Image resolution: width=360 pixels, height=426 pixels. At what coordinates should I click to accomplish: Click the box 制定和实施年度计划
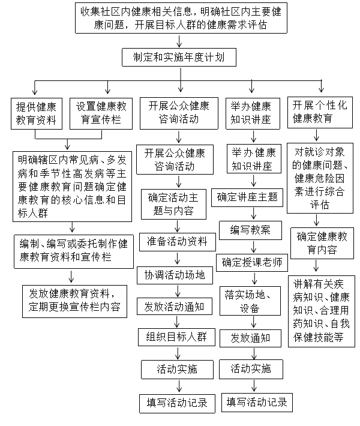180,58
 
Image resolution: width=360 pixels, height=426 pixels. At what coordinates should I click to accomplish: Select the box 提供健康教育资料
37,112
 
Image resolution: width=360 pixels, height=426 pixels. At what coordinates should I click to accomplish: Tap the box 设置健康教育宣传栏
101,112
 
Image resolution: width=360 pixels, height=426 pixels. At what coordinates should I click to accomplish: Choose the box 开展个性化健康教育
320,112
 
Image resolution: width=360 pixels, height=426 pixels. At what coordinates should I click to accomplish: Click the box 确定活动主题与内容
175,204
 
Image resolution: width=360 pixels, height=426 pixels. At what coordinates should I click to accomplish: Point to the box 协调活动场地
175,275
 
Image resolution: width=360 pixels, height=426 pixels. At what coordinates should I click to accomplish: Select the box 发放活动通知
175,307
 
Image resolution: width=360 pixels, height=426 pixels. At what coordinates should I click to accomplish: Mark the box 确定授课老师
251,262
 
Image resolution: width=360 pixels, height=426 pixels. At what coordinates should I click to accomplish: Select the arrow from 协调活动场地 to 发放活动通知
175,291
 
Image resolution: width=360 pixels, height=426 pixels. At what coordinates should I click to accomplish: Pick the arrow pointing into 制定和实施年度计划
180,41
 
